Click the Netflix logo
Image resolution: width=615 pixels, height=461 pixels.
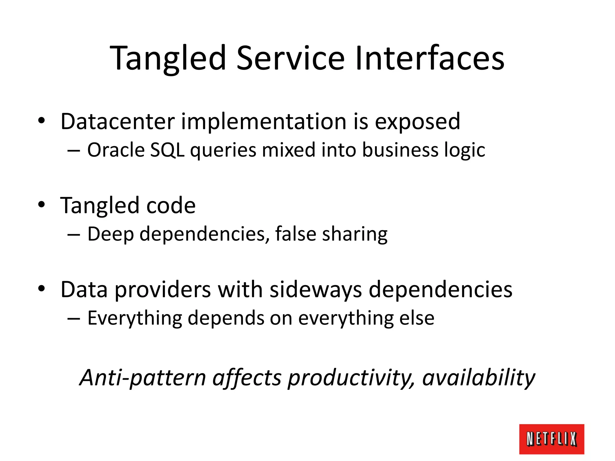click(551, 439)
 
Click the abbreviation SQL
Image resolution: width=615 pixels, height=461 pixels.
click(167, 150)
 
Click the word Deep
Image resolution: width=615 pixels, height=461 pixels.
click(110, 234)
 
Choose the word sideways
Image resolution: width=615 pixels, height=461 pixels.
click(316, 290)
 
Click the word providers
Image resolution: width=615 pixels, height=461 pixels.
click(163, 290)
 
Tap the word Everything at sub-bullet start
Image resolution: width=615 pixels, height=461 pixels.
click(135, 318)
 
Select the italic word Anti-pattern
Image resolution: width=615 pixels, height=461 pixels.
click(143, 378)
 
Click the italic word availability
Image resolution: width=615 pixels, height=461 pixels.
click(478, 378)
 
